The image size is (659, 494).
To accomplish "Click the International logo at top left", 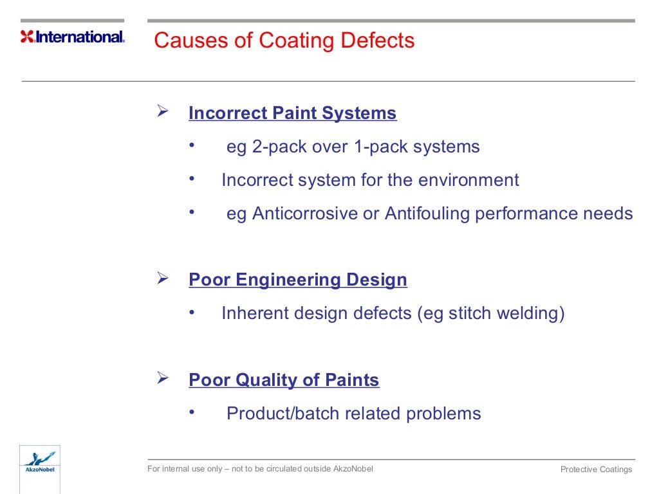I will (x=73, y=37).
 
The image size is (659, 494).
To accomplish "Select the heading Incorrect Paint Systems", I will (x=292, y=114).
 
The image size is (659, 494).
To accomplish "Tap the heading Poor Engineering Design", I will (x=297, y=280).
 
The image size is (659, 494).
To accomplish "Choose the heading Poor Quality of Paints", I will (x=284, y=380).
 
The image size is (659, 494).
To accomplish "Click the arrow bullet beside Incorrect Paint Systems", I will (x=163, y=112).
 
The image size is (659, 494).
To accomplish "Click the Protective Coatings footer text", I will (x=596, y=470).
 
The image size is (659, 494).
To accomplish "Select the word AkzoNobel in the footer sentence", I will (x=353, y=469).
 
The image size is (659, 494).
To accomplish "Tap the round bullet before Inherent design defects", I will (x=191, y=313).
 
